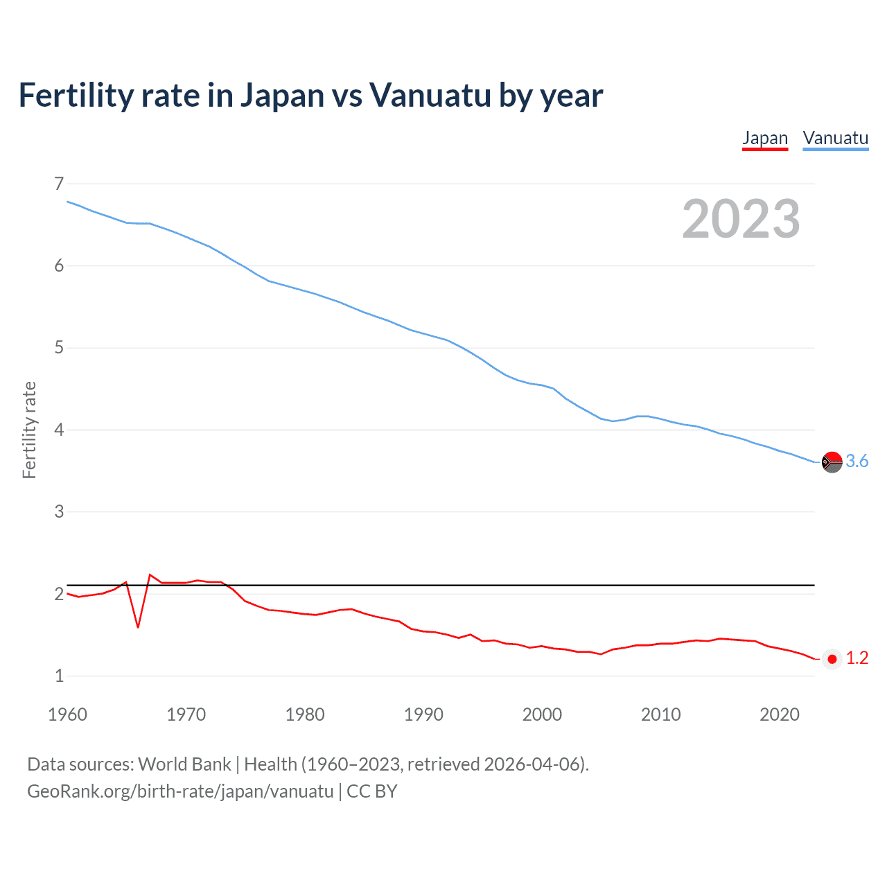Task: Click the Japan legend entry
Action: tap(765, 138)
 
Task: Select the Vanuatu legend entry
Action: tap(835, 138)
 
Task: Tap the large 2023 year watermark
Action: tap(741, 219)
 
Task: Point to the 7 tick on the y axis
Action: tap(59, 184)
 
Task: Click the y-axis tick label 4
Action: tap(59, 430)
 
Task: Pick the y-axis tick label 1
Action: tap(59, 676)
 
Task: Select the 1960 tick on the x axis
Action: tap(67, 714)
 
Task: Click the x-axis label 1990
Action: tap(423, 714)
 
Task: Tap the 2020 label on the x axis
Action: tap(780, 714)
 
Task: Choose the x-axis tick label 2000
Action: tap(542, 714)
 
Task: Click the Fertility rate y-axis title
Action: tap(29, 430)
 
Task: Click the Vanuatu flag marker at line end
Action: tap(832, 462)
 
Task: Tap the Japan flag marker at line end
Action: tap(832, 659)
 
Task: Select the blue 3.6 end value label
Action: tap(857, 462)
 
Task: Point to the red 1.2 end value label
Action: tap(857, 658)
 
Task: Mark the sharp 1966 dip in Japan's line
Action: tap(138, 626)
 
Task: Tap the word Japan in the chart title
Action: tap(282, 96)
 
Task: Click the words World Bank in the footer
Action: tap(184, 764)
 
